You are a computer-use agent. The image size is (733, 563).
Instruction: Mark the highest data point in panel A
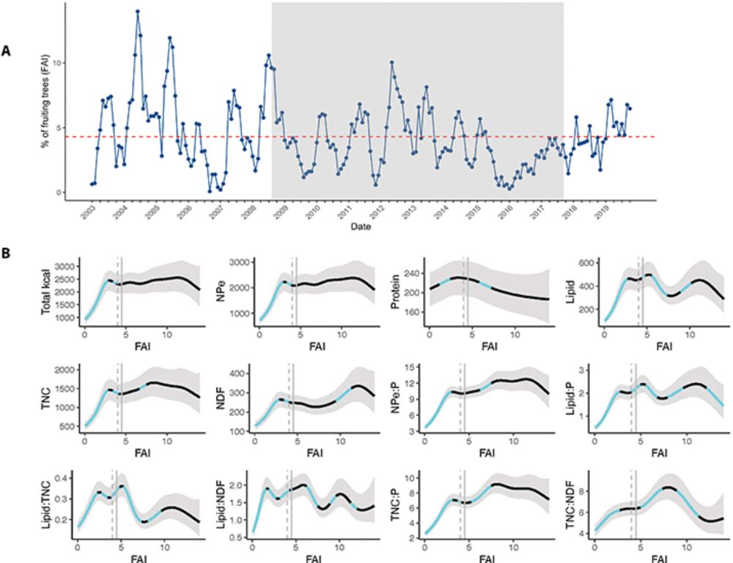[137, 12]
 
